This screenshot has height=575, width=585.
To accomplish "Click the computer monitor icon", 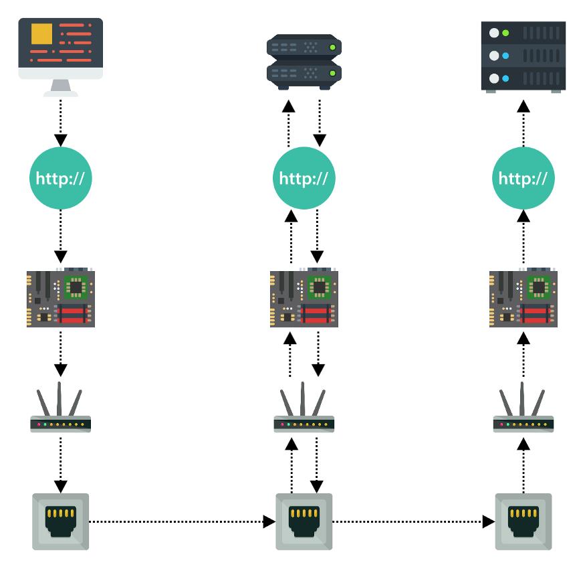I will point(60,54).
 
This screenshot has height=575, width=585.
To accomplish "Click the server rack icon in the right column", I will point(523,56).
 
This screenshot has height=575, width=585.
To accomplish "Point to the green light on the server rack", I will point(506,33).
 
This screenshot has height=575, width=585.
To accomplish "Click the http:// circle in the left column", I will point(61,179).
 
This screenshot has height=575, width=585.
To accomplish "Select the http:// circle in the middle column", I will point(304,179).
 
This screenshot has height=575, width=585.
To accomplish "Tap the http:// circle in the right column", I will point(523,179).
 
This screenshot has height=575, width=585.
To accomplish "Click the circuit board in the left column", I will point(61,299).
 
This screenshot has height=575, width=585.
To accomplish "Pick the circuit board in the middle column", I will point(304,299).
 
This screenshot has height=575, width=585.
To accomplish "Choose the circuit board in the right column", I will point(523,299).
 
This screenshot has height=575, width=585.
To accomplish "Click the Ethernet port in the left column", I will point(61,521).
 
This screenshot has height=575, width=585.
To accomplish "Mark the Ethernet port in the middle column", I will point(304,521).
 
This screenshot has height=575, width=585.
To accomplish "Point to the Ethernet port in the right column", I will point(523,521).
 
